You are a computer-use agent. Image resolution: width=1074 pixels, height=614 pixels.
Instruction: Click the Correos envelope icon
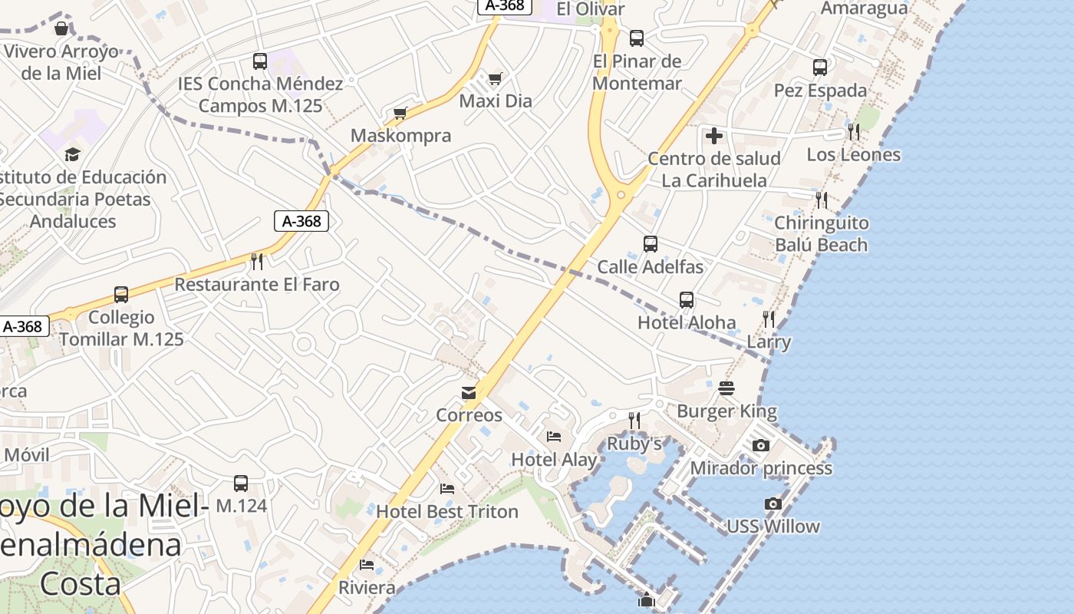469,393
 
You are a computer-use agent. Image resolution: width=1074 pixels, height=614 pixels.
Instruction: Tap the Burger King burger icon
726,389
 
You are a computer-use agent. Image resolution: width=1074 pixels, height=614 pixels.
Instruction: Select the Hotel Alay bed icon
554,437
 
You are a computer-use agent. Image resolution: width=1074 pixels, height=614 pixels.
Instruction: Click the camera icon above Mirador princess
760,445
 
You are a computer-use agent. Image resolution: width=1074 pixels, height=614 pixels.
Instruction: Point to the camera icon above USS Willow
773,503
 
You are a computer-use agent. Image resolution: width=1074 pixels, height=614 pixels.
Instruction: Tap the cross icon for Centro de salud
714,136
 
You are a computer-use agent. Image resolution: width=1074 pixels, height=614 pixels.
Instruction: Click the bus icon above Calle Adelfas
651,244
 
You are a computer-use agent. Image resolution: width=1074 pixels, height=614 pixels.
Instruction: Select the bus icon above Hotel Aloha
687,300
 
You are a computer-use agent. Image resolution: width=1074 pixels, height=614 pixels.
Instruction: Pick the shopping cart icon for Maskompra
400,114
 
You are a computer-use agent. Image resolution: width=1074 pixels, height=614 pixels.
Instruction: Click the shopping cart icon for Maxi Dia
496,78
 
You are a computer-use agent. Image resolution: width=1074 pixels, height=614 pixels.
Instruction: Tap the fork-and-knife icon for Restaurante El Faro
257,262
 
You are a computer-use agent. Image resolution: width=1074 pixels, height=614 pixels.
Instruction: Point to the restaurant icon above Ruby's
634,420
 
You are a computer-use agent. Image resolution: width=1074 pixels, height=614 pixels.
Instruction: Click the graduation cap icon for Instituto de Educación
72,154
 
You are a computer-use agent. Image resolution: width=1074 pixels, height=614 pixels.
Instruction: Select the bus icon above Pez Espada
820,68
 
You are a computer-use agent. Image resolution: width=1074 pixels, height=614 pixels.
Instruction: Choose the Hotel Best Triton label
447,511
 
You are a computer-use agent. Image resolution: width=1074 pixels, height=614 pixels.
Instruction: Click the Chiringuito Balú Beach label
821,234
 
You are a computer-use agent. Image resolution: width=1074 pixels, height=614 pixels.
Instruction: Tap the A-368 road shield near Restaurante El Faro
301,221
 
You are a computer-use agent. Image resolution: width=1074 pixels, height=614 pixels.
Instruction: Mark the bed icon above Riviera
367,566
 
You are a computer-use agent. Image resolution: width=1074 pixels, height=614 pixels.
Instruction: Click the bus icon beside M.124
241,484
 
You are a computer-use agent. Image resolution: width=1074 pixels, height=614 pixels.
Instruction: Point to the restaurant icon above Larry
769,319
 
